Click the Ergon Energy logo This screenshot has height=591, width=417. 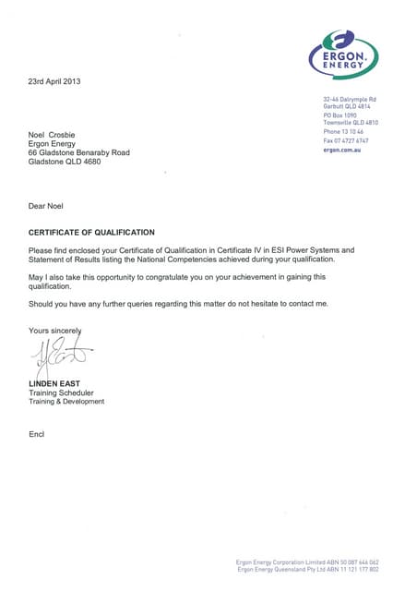(x=343, y=54)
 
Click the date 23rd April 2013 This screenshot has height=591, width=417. (x=55, y=81)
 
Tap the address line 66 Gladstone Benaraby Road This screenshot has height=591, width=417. (x=79, y=152)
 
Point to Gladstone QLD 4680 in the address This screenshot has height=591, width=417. (x=65, y=162)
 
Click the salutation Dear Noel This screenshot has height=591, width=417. (x=47, y=206)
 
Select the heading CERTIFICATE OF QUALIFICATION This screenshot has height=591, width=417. (x=91, y=233)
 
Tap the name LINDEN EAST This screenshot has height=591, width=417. (x=55, y=382)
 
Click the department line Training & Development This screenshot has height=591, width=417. (x=66, y=402)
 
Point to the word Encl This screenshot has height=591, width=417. (x=37, y=434)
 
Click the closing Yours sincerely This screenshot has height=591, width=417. (x=55, y=331)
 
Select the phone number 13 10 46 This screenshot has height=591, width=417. (x=356, y=132)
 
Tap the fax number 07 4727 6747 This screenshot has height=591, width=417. (x=355, y=140)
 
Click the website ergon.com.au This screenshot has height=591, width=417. (x=341, y=150)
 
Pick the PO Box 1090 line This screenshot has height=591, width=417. (x=340, y=115)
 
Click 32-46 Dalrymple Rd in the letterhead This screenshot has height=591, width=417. (x=350, y=99)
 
